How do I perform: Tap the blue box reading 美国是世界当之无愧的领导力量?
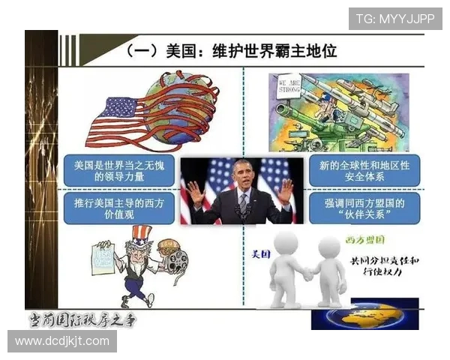[x=119, y=171]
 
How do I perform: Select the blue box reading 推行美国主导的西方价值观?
[x=119, y=209]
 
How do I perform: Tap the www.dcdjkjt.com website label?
[x=61, y=341]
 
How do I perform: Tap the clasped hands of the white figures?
[x=307, y=274]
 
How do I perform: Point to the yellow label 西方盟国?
[x=366, y=239]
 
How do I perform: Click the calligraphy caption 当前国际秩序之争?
[x=82, y=319]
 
